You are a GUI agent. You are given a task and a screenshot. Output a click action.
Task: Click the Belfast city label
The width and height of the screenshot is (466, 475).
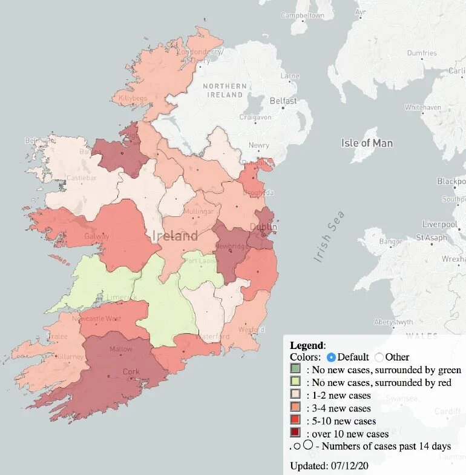point(283,101)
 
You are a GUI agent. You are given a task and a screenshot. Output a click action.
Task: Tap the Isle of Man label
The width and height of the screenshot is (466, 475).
point(367,143)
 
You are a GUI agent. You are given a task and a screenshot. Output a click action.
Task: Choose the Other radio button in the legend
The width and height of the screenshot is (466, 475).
point(379,357)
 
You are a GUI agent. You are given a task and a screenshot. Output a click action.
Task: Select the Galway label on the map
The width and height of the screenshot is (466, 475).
point(96,236)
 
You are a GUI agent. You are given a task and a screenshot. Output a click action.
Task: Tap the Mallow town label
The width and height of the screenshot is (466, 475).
point(121,349)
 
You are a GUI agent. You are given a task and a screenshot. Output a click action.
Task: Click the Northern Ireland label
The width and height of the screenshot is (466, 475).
point(225,90)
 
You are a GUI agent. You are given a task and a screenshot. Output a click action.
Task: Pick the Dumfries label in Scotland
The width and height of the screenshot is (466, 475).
point(422,53)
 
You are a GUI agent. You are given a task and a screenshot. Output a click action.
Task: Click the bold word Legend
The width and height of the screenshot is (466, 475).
point(307,345)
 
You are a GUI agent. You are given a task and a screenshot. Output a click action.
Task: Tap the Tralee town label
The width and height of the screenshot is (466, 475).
point(58,337)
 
